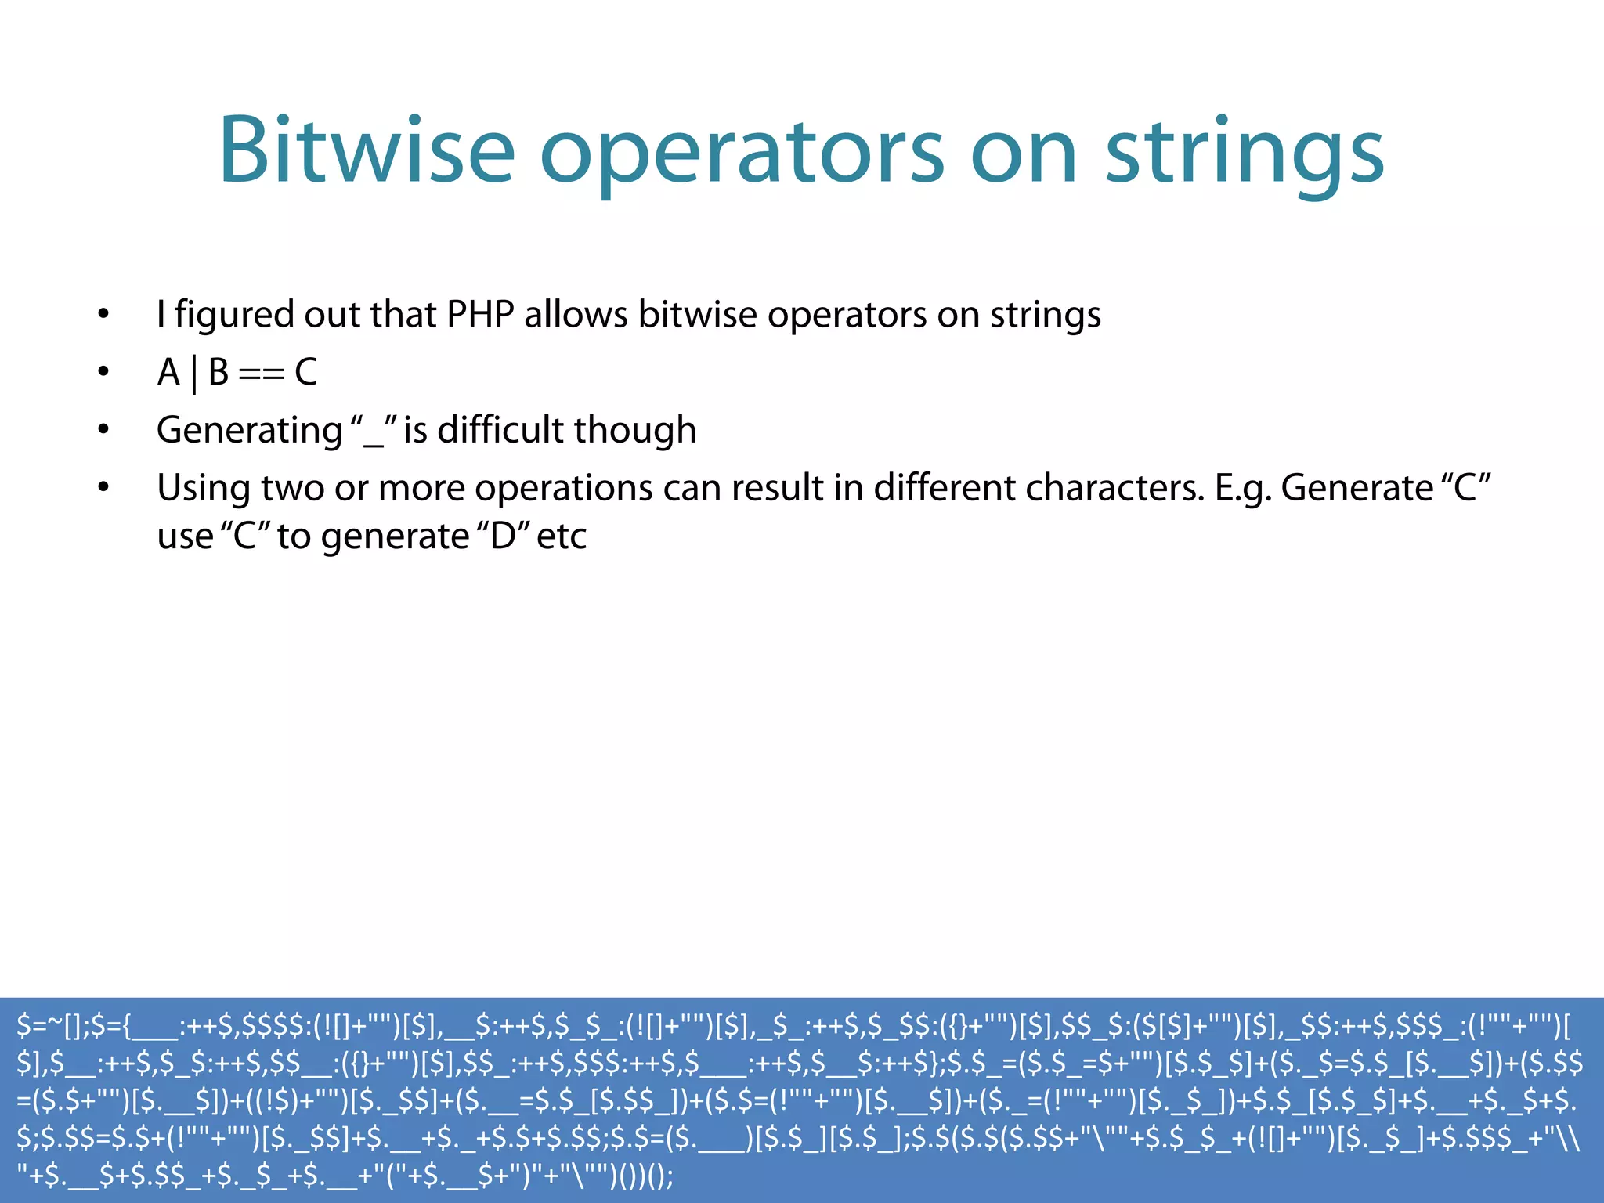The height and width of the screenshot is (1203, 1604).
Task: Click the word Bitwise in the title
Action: [366, 150]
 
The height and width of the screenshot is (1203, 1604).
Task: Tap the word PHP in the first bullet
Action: [479, 315]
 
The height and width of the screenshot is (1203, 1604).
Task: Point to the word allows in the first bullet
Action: [576, 315]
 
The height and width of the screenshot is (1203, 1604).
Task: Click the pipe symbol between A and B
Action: [194, 374]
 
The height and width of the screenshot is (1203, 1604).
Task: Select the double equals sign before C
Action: [261, 374]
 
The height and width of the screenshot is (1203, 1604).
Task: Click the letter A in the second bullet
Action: [168, 372]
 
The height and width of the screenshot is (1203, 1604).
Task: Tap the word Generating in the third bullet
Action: [249, 431]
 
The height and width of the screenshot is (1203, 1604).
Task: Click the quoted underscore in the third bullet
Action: [374, 431]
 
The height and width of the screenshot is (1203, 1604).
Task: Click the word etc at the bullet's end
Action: [562, 537]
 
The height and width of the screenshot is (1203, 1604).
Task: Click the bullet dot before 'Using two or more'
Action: [103, 487]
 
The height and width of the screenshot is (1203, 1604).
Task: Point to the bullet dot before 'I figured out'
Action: [103, 314]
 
